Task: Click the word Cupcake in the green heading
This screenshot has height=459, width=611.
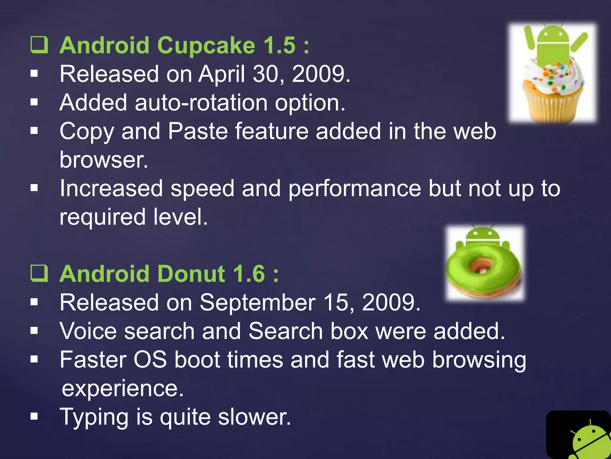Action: point(206,46)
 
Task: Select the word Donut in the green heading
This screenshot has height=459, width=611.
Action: point(191,274)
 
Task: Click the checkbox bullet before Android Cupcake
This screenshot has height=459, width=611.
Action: point(39,45)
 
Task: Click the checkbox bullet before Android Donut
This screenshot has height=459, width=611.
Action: point(39,273)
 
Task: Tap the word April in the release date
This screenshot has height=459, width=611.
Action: point(222,74)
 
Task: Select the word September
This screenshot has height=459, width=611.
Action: point(257,302)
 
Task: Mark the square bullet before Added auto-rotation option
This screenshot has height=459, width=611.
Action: point(34,102)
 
